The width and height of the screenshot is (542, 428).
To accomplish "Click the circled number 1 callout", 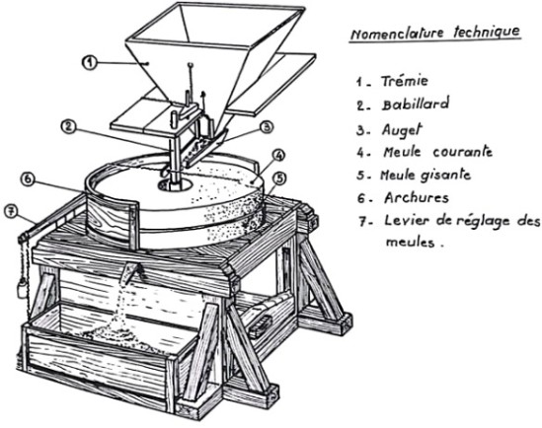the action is (90, 62).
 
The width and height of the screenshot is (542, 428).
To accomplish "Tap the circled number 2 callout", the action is (68, 127).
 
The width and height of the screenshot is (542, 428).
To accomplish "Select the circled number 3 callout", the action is (266, 127).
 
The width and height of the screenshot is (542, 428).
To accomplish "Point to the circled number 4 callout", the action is (279, 156).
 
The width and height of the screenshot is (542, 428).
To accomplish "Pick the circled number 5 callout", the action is (279, 178).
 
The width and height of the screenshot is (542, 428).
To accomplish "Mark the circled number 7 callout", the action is (11, 212).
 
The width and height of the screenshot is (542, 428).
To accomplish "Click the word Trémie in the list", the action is (405, 81).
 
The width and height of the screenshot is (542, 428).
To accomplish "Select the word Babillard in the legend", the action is (416, 104).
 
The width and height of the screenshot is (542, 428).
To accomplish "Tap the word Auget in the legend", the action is (402, 130).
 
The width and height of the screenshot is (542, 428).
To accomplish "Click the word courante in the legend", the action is (462, 152).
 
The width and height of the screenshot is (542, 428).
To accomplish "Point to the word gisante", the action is (446, 176).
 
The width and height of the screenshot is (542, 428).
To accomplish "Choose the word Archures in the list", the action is (417, 198).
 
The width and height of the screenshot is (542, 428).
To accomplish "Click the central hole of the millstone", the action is (175, 185).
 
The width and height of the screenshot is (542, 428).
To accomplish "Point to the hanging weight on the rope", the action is (22, 289).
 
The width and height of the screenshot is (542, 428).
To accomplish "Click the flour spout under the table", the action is (133, 271).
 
